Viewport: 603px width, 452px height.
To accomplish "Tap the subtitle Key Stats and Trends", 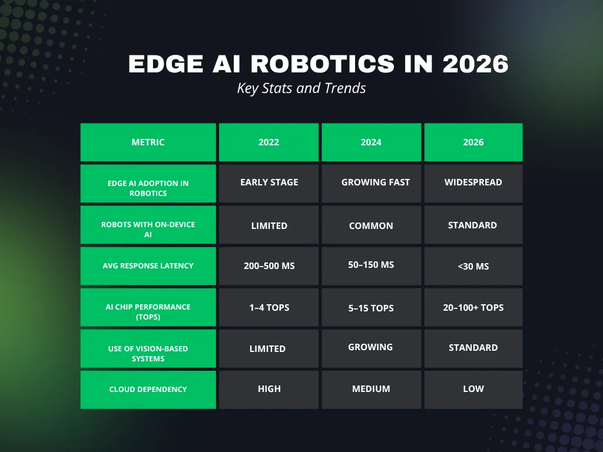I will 301,88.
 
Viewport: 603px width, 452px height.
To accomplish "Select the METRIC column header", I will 148,142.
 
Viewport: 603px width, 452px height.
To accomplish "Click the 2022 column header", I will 269,142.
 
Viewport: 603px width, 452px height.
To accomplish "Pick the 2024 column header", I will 371,142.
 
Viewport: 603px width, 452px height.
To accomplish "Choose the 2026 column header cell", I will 473,142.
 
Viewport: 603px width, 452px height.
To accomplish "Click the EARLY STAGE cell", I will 269,182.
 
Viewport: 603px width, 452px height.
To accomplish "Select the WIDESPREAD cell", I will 473,182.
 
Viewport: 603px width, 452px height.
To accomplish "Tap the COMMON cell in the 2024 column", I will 371,225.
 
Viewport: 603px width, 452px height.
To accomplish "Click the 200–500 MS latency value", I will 269,266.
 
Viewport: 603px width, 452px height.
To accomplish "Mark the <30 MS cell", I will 473,266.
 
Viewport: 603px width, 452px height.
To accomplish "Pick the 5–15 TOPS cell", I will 371,308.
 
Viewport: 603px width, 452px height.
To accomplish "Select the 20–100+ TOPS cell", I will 473,307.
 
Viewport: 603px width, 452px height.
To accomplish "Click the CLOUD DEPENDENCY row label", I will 148,389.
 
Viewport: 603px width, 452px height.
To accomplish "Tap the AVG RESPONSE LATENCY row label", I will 148,266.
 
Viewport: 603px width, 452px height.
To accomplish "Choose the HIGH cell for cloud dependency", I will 269,389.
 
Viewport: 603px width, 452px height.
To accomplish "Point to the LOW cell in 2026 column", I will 473,389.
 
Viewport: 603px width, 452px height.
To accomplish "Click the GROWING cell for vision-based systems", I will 370,347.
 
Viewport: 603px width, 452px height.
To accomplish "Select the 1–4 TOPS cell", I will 269,308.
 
